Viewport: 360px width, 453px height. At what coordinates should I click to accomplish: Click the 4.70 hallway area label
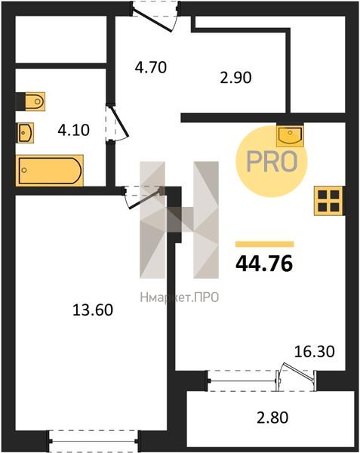(x=151, y=67)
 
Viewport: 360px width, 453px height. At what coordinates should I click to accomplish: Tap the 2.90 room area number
(x=235, y=78)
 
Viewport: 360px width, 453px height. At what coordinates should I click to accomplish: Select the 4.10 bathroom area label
(x=74, y=130)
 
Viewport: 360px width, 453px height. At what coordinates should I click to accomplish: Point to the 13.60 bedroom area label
(x=93, y=310)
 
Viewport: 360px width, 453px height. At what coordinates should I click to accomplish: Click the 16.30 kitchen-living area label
(x=315, y=352)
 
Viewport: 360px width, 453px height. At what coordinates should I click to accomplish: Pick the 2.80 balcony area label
(x=272, y=418)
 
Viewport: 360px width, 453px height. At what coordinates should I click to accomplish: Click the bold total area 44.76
(x=264, y=264)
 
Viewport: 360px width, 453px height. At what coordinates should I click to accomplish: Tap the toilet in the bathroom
(x=31, y=101)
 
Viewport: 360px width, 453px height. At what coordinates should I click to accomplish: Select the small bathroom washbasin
(x=26, y=133)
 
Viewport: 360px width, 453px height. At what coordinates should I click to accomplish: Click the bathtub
(x=50, y=171)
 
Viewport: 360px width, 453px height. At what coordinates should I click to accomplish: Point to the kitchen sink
(x=290, y=135)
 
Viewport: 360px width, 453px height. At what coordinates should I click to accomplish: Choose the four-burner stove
(x=328, y=201)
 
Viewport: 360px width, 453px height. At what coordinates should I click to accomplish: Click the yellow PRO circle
(x=272, y=162)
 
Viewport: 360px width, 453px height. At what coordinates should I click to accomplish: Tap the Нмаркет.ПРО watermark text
(x=179, y=297)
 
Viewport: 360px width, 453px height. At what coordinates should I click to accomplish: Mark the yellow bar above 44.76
(x=265, y=244)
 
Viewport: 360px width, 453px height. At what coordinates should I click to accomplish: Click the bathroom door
(x=117, y=123)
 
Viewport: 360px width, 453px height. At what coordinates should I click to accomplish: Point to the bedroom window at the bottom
(x=94, y=441)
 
